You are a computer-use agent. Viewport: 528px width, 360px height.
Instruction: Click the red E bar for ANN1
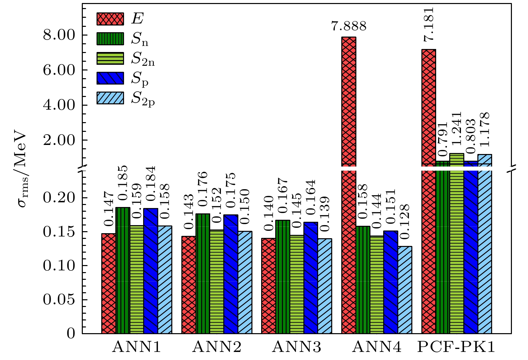pos(109,284)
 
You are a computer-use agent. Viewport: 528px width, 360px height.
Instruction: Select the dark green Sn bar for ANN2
pos(203,273)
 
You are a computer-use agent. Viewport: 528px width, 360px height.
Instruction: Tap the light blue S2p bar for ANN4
pos(405,290)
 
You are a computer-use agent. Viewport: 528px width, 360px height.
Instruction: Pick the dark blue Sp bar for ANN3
pos(311,278)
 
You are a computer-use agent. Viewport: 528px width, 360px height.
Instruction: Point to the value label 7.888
pos(349,26)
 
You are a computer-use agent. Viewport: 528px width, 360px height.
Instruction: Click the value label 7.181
pos(429,24)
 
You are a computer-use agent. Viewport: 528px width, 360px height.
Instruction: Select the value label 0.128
pos(405,222)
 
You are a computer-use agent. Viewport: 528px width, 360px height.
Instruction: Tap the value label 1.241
pos(457,128)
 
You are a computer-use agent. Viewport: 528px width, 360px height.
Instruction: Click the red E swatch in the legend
pos(110,19)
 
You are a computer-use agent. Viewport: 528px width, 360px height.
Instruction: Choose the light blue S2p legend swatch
pos(110,98)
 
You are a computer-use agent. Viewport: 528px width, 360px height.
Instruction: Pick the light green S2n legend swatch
pos(110,58)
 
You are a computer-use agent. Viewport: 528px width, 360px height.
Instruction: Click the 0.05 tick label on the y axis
pos(58,300)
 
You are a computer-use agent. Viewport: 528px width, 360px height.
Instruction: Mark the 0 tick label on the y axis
pos(71,334)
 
